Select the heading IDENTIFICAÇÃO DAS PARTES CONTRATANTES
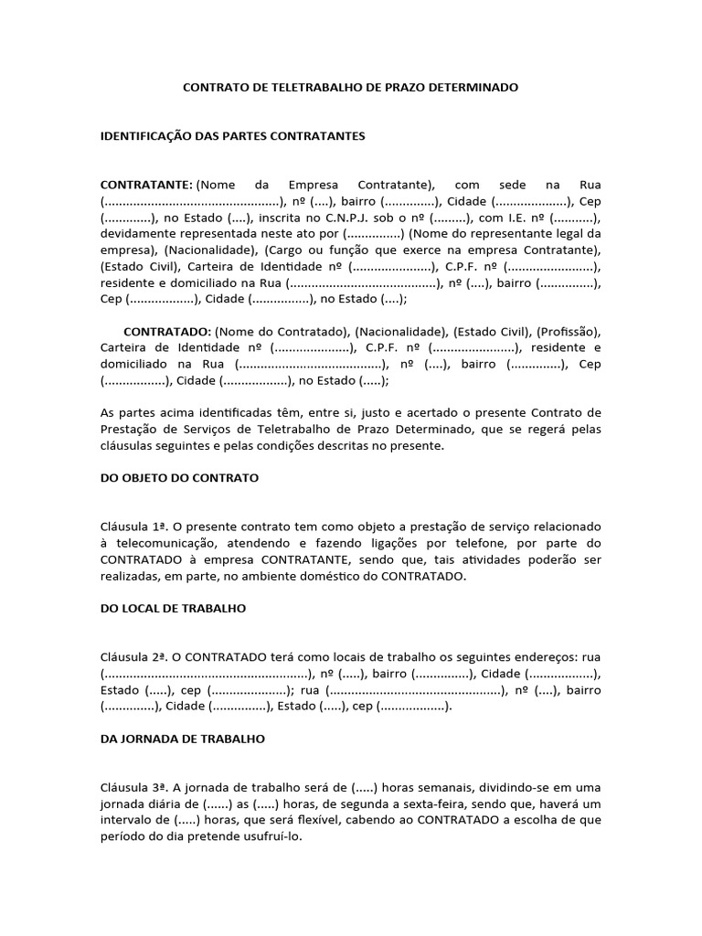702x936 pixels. click(x=232, y=136)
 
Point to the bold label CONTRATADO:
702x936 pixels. click(x=167, y=331)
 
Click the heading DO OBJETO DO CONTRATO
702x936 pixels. click(x=179, y=478)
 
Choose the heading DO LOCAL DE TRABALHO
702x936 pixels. click(x=173, y=609)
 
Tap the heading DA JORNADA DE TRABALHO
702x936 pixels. click(x=182, y=739)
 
